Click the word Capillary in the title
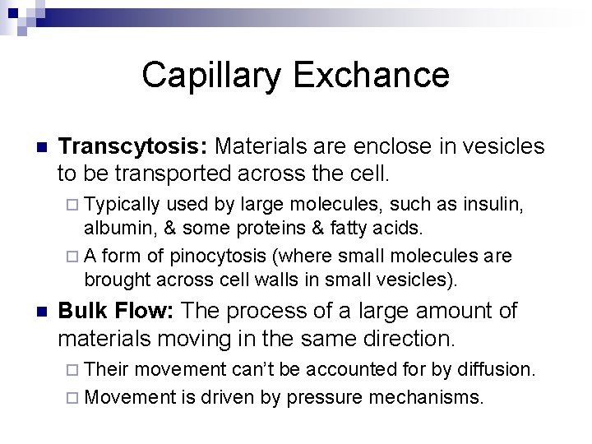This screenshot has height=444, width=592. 213,76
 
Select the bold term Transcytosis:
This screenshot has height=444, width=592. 133,146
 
